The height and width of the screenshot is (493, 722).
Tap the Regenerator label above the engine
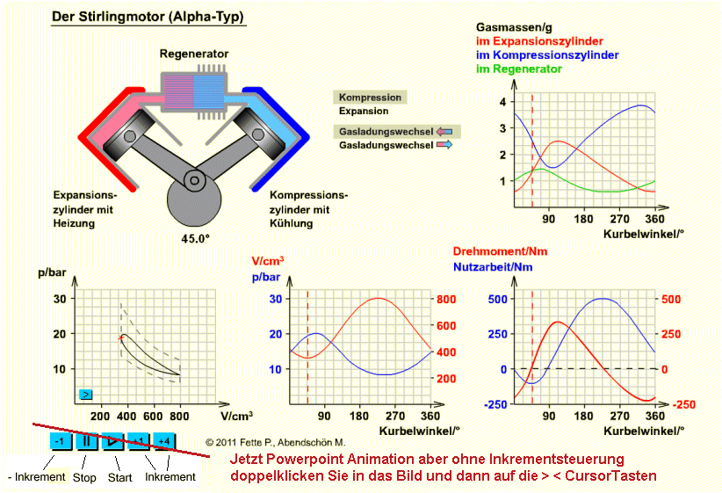193,54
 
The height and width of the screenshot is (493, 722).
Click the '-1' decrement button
59,441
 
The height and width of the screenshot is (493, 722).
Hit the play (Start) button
112,441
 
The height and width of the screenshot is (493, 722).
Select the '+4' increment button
165,441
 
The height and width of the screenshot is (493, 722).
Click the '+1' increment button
139,441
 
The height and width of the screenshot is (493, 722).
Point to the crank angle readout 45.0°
194,236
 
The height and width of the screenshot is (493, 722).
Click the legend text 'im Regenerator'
519,69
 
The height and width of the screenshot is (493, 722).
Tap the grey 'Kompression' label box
370,98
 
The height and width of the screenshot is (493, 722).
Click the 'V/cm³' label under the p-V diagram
237,415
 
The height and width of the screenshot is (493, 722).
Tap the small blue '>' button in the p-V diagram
86,395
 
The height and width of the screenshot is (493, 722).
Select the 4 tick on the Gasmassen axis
503,102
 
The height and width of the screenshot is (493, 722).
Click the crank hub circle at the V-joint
193,179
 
